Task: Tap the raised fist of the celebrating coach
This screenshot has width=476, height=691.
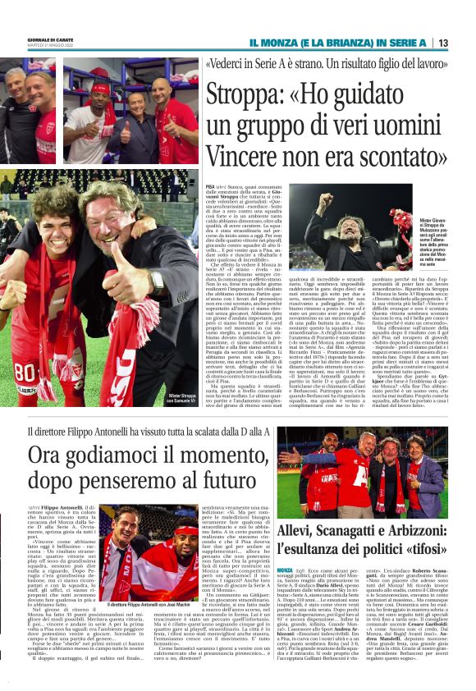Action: point(328,202)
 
